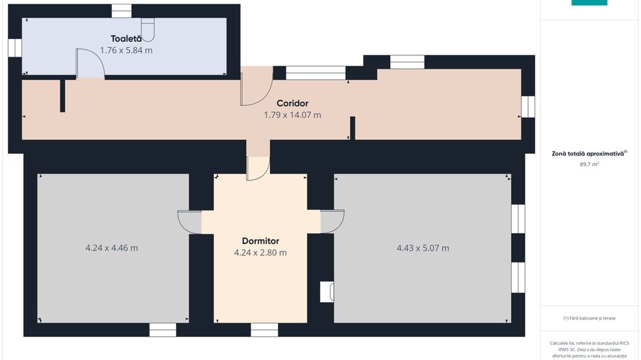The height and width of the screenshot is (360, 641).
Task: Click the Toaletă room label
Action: pyautogui.click(x=126, y=39)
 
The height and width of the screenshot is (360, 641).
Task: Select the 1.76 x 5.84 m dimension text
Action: pyautogui.click(x=126, y=51)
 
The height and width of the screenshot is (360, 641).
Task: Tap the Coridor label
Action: pyautogui.click(x=292, y=103)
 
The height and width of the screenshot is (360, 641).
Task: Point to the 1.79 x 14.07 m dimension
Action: pyautogui.click(x=292, y=115)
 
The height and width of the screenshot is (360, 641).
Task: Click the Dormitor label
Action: pyautogui.click(x=260, y=241)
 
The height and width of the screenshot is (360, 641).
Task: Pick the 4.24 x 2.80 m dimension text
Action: pyautogui.click(x=260, y=253)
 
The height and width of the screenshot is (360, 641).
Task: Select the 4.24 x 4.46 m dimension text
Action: pyautogui.click(x=111, y=248)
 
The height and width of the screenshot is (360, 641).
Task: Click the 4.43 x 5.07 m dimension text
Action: pyautogui.click(x=423, y=248)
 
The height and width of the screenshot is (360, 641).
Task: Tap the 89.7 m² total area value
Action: pyautogui.click(x=589, y=164)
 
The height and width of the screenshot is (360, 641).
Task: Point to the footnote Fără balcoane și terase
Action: pyautogui.click(x=589, y=318)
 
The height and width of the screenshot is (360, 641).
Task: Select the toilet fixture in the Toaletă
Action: pyautogui.click(x=148, y=30)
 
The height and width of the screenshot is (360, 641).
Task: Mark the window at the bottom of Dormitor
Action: pyautogui.click(x=264, y=330)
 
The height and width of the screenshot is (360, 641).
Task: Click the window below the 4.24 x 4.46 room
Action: pyautogui.click(x=163, y=330)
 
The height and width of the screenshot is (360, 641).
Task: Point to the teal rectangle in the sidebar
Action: pyautogui.click(x=589, y=3)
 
